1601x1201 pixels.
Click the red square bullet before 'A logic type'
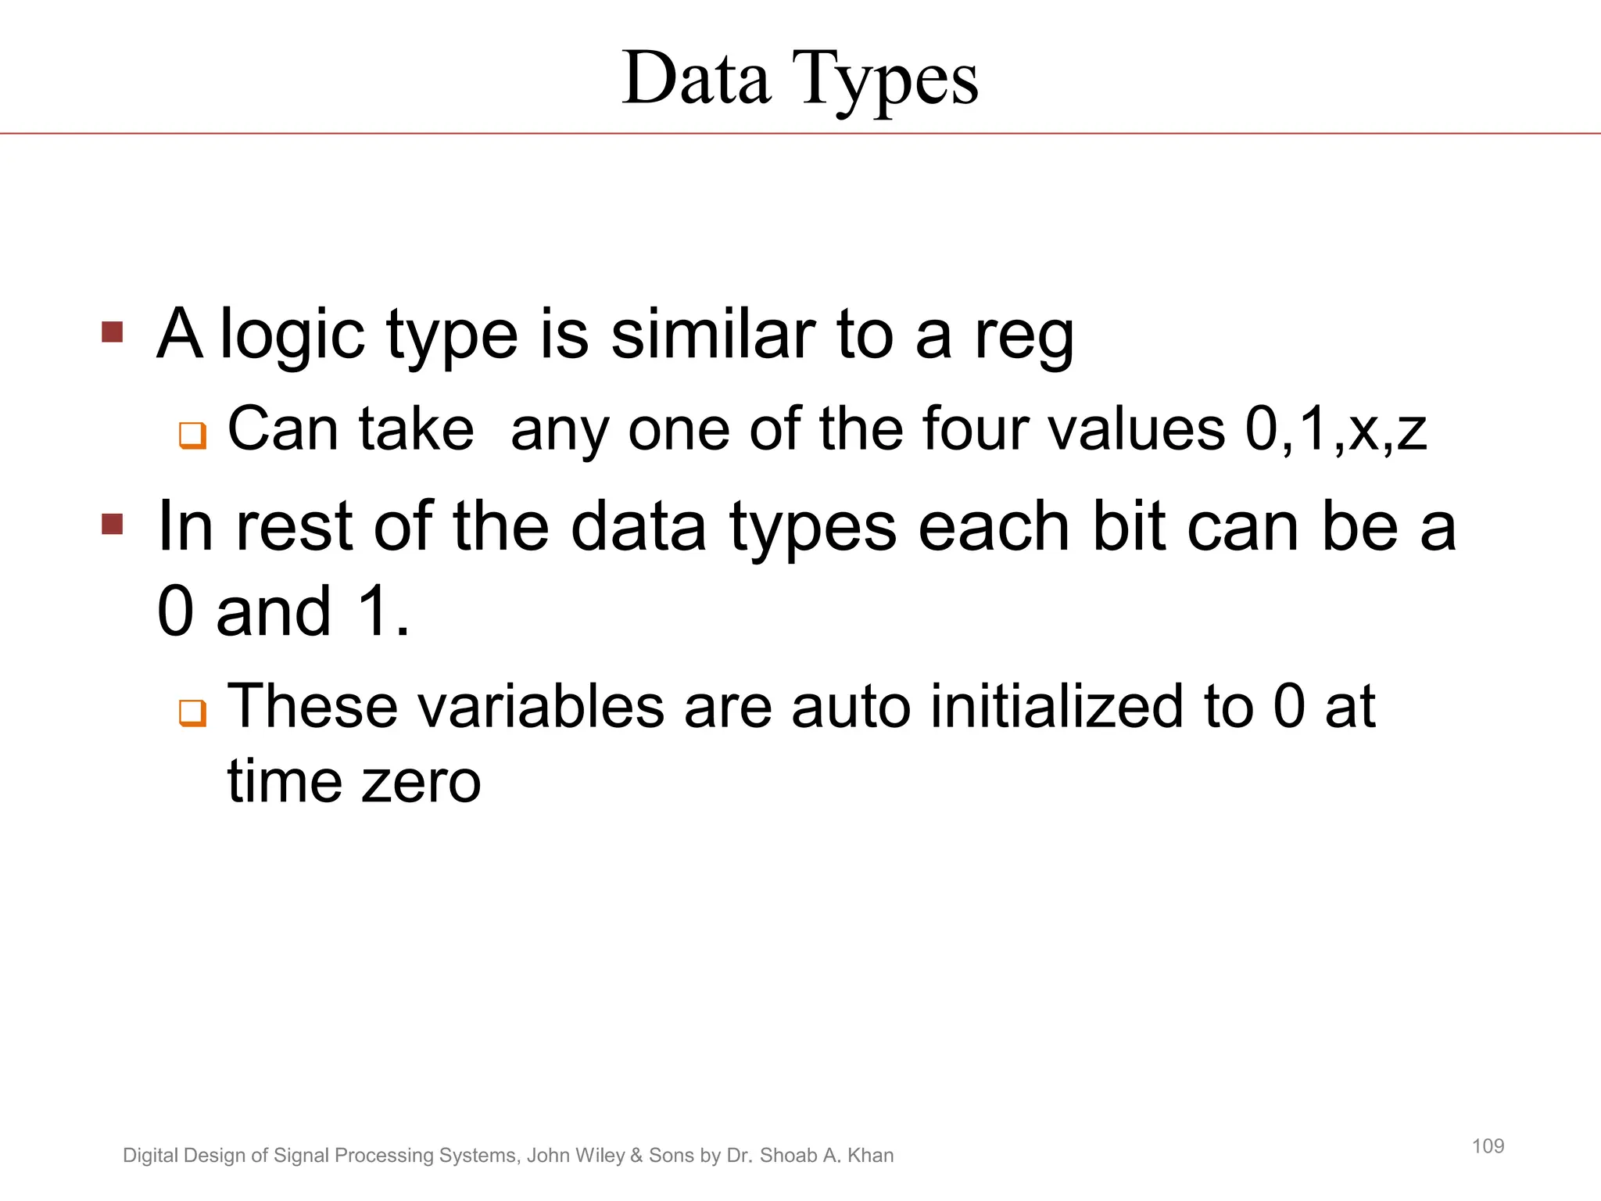(x=113, y=332)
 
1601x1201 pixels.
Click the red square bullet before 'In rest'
(x=113, y=524)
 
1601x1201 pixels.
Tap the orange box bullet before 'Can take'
(x=192, y=435)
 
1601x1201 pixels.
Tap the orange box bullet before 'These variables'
(x=192, y=712)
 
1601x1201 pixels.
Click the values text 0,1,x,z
(x=1336, y=430)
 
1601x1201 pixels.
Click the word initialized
(x=1057, y=706)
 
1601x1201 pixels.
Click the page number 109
(x=1488, y=1146)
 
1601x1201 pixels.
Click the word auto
(x=851, y=706)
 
